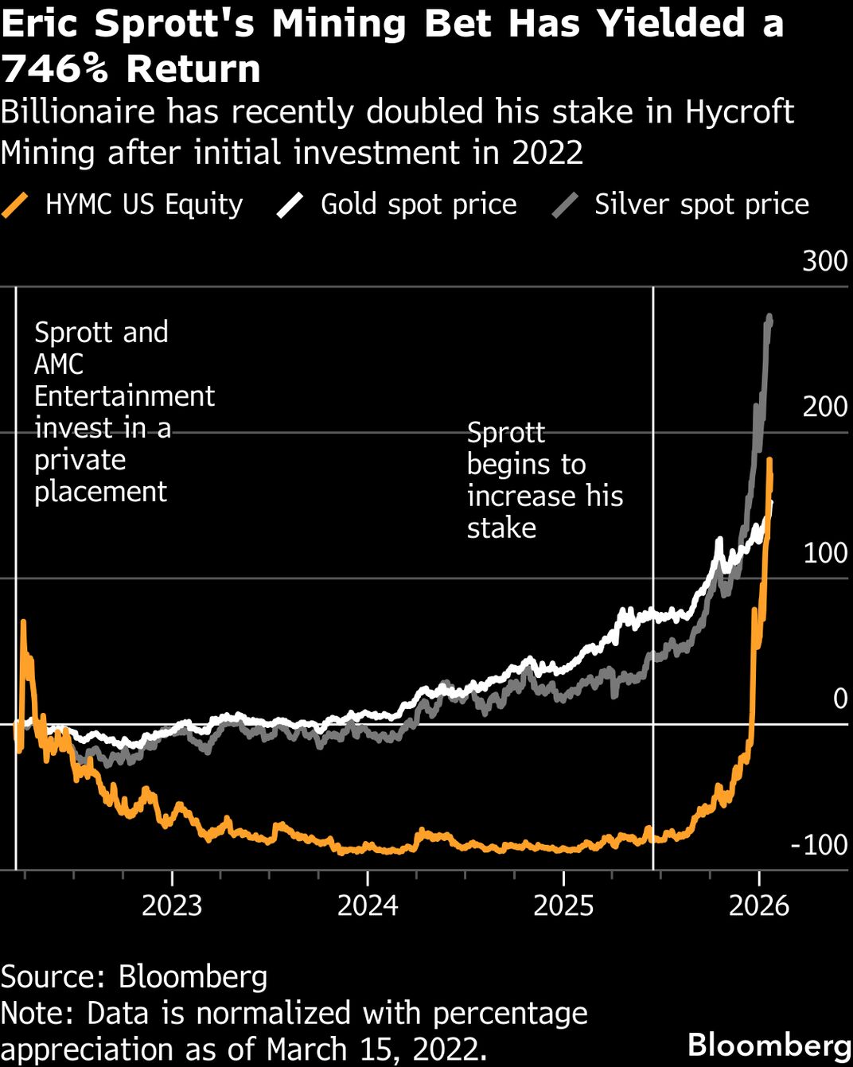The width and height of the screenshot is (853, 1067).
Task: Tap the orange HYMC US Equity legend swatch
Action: point(15,204)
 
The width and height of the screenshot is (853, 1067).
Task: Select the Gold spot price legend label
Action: point(419,204)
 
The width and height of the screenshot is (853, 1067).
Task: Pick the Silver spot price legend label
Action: point(701,204)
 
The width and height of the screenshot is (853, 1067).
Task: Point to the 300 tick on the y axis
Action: point(824,261)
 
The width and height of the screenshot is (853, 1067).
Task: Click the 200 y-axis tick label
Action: point(824,407)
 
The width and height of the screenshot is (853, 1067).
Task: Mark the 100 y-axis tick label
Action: point(824,553)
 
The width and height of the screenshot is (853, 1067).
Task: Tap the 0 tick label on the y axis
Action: point(839,699)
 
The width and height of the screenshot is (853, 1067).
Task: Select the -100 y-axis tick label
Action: point(819,845)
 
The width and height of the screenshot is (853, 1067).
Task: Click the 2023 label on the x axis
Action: point(172,905)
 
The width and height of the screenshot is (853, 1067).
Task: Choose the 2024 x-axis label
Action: point(368,905)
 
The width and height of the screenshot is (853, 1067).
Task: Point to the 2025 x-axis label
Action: point(563,905)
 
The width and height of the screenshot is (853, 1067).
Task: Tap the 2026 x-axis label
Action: point(759,905)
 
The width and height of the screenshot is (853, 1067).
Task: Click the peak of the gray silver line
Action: point(769,317)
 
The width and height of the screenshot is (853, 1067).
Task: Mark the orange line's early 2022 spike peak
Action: point(23,623)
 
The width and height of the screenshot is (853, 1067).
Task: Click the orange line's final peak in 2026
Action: point(769,461)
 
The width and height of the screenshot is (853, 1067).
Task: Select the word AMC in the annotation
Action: point(58,364)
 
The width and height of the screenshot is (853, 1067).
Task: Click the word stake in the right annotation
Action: point(501,528)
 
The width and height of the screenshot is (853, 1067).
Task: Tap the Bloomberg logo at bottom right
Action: point(769,1045)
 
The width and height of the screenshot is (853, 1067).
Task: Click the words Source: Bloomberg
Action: point(134,977)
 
